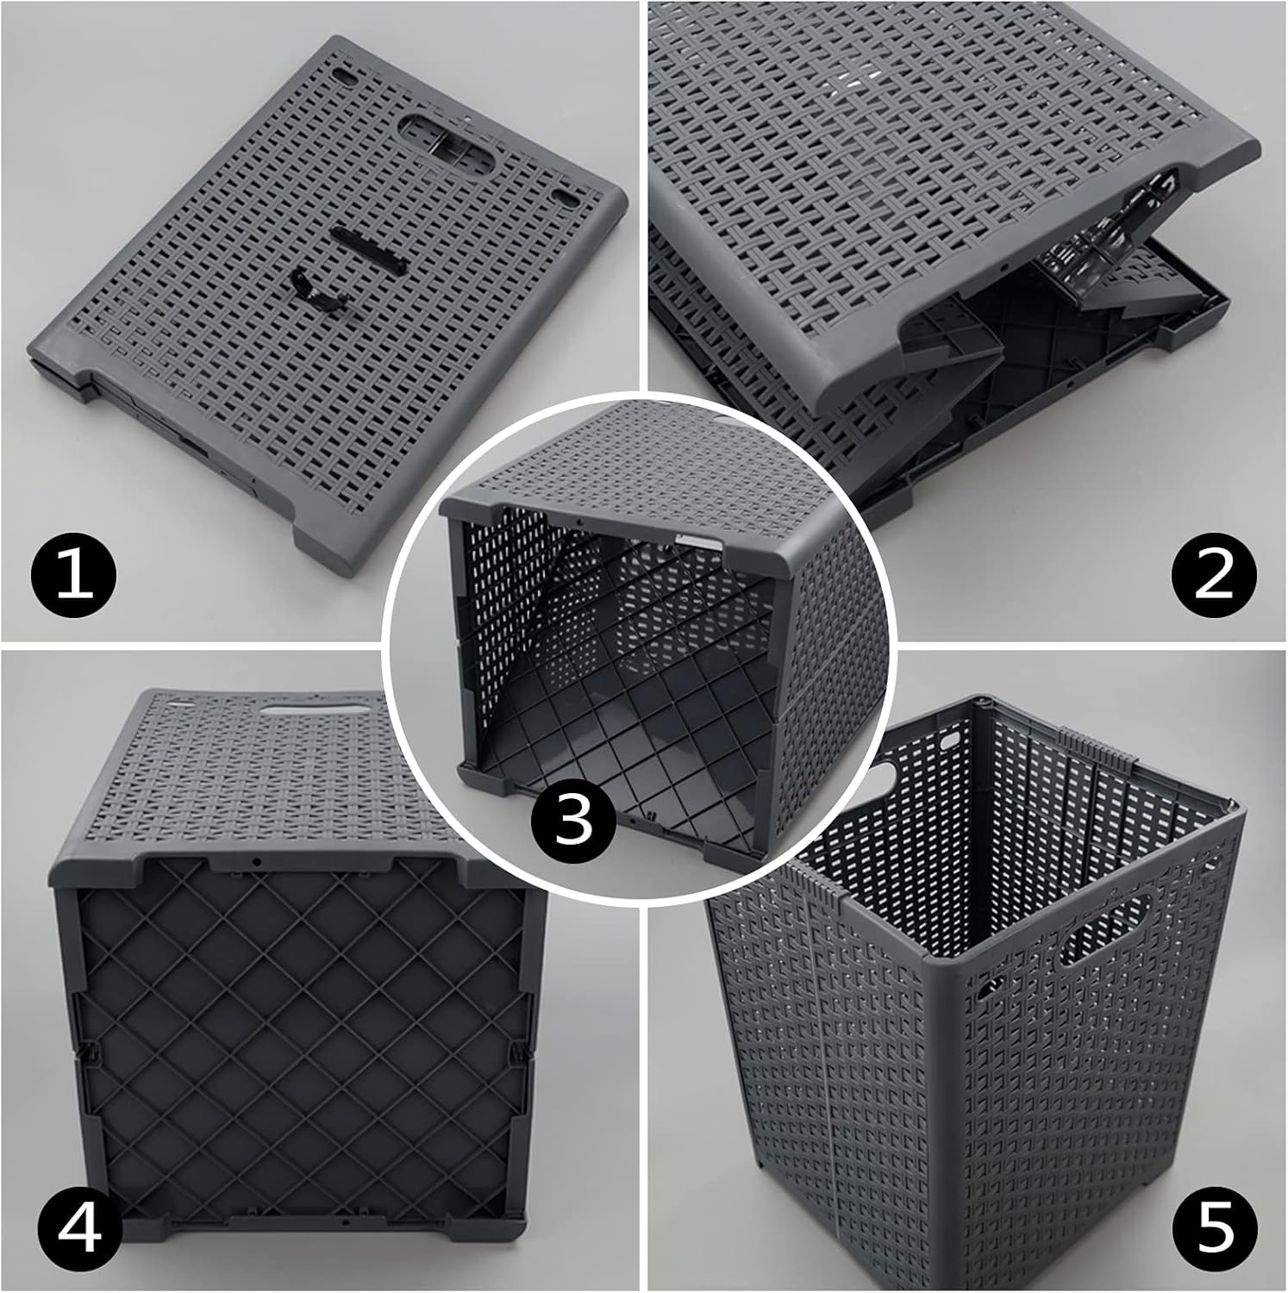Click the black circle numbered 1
[73, 574]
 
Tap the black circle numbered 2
[1214, 574]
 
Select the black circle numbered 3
[573, 820]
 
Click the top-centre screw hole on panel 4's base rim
[257, 861]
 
